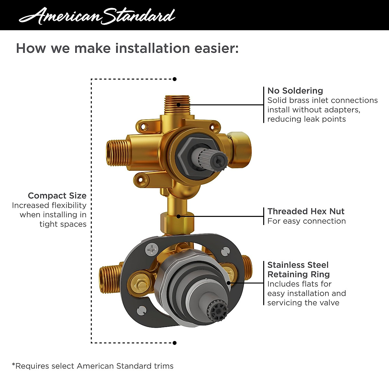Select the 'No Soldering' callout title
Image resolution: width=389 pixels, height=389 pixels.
point(295,91)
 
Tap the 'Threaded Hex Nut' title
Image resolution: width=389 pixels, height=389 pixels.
point(306,211)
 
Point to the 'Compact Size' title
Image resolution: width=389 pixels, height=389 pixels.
point(57,196)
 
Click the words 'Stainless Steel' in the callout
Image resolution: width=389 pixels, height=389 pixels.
point(298,265)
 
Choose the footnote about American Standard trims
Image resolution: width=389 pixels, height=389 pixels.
point(93,366)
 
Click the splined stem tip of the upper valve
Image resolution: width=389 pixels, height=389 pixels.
point(218,159)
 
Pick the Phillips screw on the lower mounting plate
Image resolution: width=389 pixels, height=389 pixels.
point(151,249)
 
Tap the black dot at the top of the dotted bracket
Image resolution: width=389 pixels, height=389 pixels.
point(175,79)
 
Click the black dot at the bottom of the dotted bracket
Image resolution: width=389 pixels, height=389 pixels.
point(175,343)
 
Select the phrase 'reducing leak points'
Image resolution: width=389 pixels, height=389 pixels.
point(306,119)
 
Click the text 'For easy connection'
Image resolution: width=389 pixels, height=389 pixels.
point(306,221)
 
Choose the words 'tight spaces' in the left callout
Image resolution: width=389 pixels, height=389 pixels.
point(63,224)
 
